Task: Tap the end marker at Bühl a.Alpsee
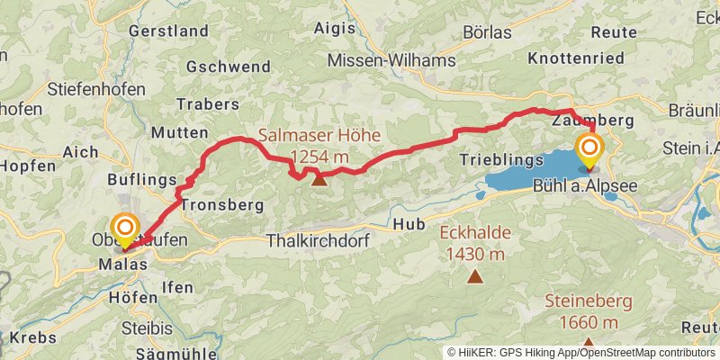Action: pyautogui.click(x=590, y=150)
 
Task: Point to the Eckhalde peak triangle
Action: pyautogui.click(x=474, y=276)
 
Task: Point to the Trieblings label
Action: pyautogui.click(x=501, y=159)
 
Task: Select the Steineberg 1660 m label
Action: pyautogui.click(x=588, y=311)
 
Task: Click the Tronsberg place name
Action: pyautogui.click(x=221, y=205)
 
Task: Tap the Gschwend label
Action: pyautogui.click(x=229, y=67)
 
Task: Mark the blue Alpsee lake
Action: pyautogui.click(x=531, y=171)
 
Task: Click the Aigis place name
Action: pyautogui.click(x=335, y=28)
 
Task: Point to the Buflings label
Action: pyautogui.click(x=142, y=180)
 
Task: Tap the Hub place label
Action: pyautogui.click(x=408, y=222)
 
